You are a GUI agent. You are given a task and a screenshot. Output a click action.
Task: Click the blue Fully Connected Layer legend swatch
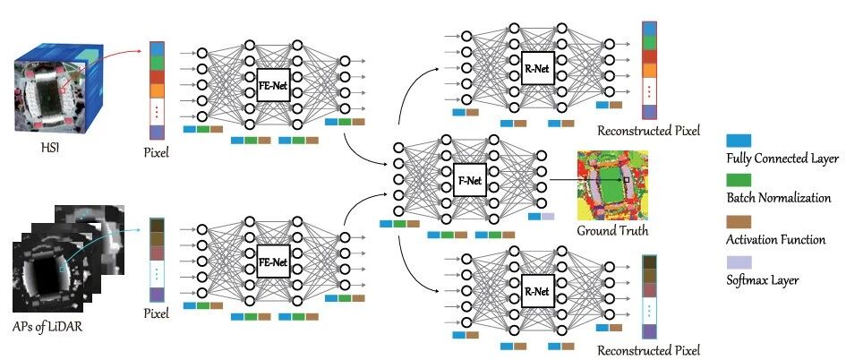point(739,141)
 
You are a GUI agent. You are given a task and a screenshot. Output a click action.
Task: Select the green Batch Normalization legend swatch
point(739,181)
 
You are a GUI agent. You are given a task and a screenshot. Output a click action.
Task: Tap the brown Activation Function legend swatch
point(739,222)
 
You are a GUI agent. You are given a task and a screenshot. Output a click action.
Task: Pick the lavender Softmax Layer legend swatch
point(739,262)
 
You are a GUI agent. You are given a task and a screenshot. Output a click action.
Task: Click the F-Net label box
point(469,181)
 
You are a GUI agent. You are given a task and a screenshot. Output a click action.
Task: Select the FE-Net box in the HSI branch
point(274,85)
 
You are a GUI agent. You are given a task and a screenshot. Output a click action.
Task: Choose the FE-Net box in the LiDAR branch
point(274,262)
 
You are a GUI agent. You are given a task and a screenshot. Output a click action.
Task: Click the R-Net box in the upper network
point(537,68)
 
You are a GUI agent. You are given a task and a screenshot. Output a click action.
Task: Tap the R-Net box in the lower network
point(537,291)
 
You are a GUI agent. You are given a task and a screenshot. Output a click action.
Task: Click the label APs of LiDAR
point(48,327)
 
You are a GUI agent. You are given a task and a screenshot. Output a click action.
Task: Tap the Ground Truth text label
point(612,231)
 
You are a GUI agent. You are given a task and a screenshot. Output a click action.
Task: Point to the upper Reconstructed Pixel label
point(648,131)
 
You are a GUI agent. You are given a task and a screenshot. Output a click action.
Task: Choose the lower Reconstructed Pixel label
point(648,350)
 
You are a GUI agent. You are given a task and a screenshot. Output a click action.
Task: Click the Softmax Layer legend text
point(763,280)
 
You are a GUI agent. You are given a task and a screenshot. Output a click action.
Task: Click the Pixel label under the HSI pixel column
point(156,153)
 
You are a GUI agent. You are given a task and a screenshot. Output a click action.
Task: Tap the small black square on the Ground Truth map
point(627,179)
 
